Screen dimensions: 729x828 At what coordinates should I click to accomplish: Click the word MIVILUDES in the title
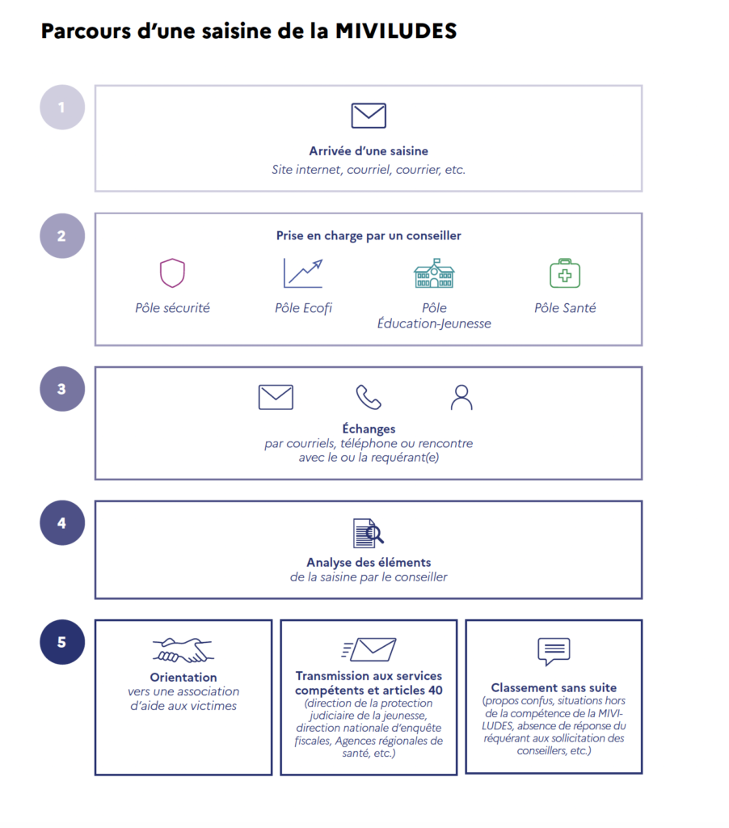[x=396, y=31]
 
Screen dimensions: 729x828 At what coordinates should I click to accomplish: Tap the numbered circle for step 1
[x=62, y=108]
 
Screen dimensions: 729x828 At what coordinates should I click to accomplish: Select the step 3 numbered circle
[x=62, y=389]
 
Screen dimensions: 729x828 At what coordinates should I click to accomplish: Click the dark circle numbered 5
[x=62, y=642]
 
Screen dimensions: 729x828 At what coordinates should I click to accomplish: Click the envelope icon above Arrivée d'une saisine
[x=369, y=116]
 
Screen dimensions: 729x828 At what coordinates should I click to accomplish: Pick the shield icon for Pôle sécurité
[x=173, y=273]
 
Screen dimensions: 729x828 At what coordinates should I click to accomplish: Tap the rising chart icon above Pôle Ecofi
[x=303, y=273]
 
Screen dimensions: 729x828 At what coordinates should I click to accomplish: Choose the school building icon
[x=434, y=273]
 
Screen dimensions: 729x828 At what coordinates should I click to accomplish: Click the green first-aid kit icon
[x=565, y=273]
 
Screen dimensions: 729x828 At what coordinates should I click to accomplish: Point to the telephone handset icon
[x=369, y=397]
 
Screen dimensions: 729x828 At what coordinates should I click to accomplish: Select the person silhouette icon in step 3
[x=461, y=397]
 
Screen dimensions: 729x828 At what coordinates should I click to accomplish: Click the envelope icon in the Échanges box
[x=276, y=397]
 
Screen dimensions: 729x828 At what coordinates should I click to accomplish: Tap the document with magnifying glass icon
[x=369, y=534]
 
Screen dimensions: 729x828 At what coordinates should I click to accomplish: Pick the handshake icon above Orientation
[x=183, y=650]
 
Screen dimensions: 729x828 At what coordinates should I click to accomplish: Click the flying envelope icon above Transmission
[x=369, y=649]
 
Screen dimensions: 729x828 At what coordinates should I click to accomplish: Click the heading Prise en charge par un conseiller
[x=369, y=235]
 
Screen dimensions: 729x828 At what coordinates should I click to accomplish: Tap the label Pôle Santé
[x=565, y=308]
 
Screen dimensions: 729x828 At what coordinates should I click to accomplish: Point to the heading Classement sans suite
[x=554, y=687]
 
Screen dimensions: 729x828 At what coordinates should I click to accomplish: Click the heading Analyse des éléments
[x=369, y=563]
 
